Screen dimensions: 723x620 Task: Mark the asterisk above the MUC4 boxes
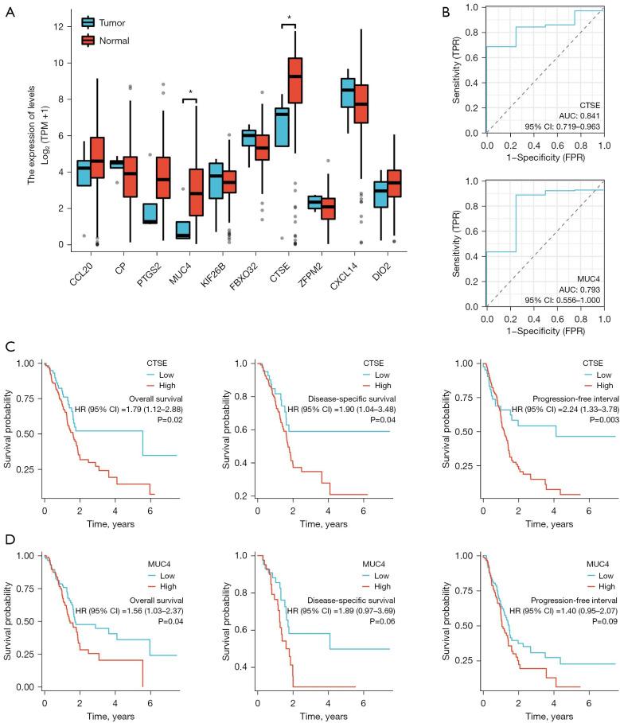click(190, 91)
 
